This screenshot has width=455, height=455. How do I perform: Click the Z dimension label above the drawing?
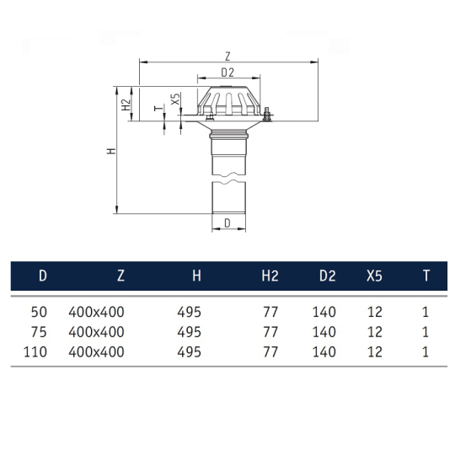tap(227, 54)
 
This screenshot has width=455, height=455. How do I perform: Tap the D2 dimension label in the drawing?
tap(227, 73)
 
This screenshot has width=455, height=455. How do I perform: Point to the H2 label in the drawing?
tap(126, 104)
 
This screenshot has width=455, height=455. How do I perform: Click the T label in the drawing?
tap(155, 108)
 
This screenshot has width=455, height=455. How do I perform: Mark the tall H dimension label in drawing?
tap(110, 151)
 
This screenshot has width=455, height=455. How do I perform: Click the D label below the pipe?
tap(227, 222)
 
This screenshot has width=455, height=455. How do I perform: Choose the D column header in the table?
tap(43, 275)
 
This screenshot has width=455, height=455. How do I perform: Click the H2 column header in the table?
tap(270, 275)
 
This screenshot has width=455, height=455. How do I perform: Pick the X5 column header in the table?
tap(374, 275)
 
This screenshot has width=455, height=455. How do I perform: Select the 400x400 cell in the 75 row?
tap(96, 331)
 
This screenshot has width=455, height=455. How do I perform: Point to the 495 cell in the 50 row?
tap(190, 311)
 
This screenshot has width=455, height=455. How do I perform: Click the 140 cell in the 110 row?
tap(324, 351)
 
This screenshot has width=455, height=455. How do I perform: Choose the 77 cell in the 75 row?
tap(270, 331)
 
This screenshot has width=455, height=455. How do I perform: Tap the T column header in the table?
tap(426, 275)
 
